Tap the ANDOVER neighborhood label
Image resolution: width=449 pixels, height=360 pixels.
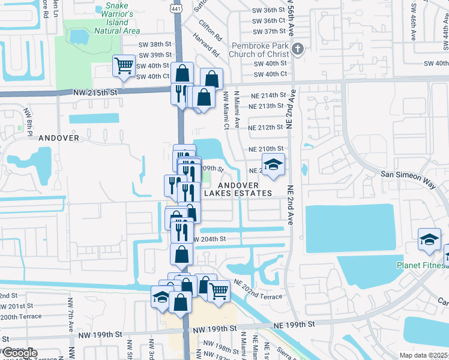coord(59,137)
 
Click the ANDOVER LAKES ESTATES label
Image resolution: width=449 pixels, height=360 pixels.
coord(238,189)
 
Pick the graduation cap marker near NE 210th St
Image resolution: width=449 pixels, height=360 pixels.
coord(273,165)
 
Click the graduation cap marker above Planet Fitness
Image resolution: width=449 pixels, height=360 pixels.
coord(430,239)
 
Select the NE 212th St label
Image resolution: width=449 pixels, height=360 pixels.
coord(265,127)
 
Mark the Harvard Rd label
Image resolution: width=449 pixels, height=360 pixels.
coord(206,44)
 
